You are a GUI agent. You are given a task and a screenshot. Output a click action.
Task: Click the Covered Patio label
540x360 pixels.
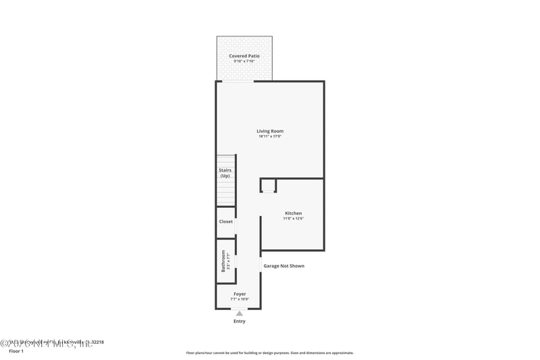pos(244,56)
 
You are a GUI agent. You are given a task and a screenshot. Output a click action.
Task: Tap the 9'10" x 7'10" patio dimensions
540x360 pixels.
pos(244,61)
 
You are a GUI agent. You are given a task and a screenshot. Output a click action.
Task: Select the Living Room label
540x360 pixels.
pos(269,131)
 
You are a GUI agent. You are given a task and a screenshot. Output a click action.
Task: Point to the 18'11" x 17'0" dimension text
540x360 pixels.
pos(269,136)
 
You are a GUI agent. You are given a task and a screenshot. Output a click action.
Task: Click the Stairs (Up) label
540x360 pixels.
pos(225,173)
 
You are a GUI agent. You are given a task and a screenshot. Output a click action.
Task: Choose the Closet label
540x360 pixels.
pos(225,222)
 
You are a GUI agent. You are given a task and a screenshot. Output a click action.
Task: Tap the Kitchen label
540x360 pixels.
pos(293,213)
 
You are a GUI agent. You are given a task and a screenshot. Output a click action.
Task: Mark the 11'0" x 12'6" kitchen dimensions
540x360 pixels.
pos(293,219)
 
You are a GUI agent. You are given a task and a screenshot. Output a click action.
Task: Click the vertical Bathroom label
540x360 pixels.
pos(223,261)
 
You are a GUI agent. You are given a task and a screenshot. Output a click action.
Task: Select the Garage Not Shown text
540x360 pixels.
pos(283,266)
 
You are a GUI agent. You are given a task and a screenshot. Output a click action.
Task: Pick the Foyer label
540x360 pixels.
pos(240,294)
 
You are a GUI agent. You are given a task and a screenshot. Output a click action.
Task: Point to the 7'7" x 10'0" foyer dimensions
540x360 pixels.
pos(240,299)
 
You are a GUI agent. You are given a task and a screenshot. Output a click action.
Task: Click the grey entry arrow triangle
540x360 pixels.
pos(239,313)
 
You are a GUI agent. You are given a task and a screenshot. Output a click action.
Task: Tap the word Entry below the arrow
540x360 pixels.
pos(240,322)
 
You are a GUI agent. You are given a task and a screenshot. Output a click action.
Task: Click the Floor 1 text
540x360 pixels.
pos(16,351)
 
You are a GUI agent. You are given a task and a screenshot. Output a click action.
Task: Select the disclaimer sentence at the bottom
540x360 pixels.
pos(269,353)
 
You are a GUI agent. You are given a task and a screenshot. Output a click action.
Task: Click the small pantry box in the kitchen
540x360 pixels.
pos(268,185)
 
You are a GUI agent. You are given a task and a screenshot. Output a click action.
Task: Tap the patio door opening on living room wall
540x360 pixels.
pos(238,82)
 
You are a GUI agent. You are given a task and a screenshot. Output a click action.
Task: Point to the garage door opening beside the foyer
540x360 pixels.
pos(261,263)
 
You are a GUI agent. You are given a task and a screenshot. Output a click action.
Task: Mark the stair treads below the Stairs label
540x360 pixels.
pos(225,193)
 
